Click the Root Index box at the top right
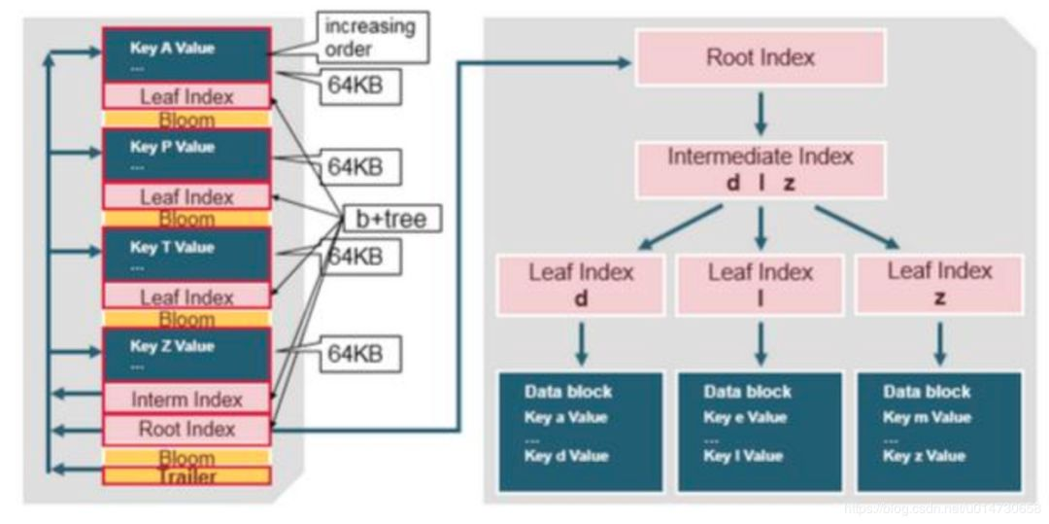760,56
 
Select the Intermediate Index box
760,168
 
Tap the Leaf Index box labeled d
581,284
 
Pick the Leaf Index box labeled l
760,284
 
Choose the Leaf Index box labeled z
939,284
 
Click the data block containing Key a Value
581,431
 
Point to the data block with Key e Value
760,431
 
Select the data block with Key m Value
939,431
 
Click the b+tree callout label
389,219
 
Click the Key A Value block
186,55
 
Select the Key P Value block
186,156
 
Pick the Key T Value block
186,256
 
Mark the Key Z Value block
186,355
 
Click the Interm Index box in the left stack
186,399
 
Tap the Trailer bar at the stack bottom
186,476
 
